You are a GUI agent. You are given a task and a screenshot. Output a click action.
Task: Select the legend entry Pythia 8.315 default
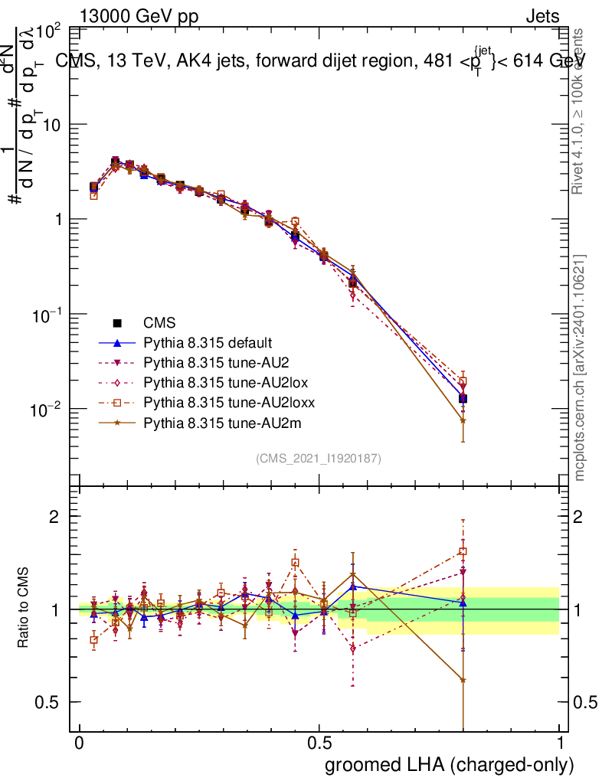tap(208, 342)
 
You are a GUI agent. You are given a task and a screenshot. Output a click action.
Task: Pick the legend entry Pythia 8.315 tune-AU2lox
tap(218, 381)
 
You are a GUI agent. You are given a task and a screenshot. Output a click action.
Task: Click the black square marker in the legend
tap(117, 323)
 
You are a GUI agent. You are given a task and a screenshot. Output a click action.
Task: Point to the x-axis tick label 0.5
tap(319, 743)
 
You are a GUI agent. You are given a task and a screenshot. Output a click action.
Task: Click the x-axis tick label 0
tap(80, 743)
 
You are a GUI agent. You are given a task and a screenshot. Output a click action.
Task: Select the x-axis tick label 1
tap(559, 743)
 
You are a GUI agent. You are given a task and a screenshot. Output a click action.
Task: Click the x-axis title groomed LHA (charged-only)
tap(450, 765)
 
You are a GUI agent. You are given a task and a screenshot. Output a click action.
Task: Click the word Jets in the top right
tap(542, 16)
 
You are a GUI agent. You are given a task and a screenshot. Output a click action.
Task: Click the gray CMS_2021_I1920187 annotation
tap(319, 458)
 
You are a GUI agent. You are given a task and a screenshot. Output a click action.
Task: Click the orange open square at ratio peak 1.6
tap(463, 551)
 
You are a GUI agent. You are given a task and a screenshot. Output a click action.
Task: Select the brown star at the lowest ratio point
tap(463, 680)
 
